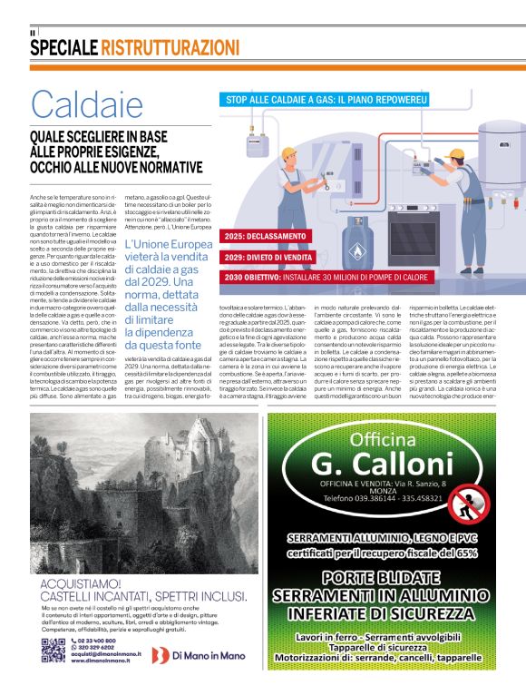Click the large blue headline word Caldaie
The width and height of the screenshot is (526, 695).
point(87,105)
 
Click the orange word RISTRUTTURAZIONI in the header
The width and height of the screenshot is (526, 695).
point(170,47)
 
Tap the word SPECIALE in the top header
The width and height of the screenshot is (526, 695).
point(63,47)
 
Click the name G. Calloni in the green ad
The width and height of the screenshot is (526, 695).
point(380,463)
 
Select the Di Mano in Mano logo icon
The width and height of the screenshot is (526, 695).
point(159,654)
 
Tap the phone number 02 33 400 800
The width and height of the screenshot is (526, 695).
point(98,641)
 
